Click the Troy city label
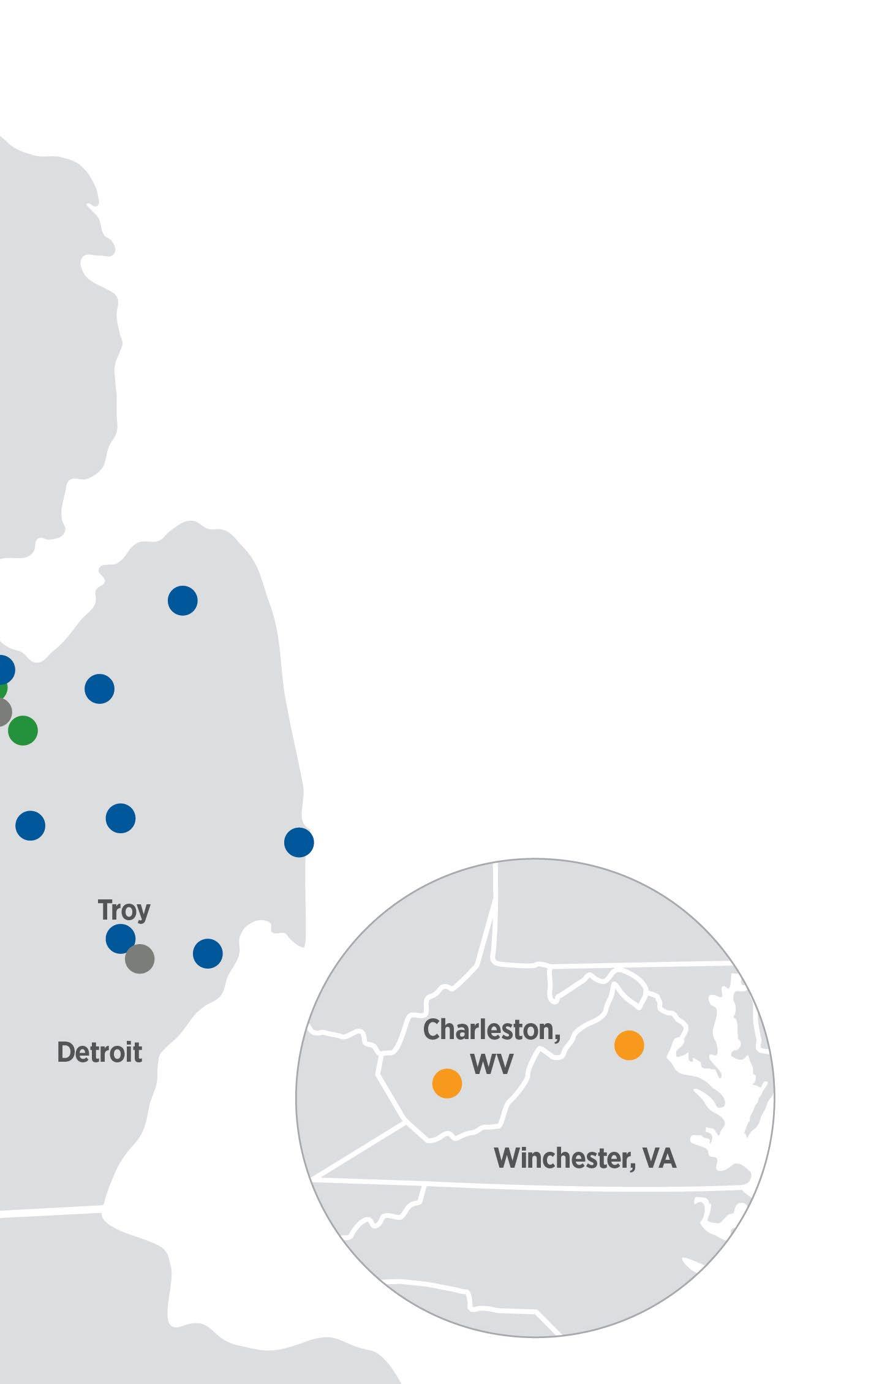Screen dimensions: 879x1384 click(124, 910)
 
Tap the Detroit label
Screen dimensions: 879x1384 click(99, 1053)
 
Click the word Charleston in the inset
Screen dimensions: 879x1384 click(491, 1030)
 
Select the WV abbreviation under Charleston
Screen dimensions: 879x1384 click(491, 1064)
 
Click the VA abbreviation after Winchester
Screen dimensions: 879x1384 click(660, 1158)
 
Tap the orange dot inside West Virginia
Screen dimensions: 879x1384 click(447, 1083)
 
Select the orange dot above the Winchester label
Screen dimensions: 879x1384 click(629, 1045)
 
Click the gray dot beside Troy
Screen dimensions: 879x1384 click(140, 959)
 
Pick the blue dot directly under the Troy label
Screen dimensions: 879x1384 click(120, 939)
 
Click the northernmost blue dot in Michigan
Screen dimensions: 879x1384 click(183, 600)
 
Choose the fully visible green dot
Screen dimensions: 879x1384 click(23, 730)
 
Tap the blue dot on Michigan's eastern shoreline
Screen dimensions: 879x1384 click(299, 842)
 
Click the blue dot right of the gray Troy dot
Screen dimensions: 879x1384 click(208, 953)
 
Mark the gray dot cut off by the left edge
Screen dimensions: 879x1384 click(3, 712)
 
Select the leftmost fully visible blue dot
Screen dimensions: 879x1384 click(31, 825)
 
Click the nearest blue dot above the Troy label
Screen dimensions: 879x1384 click(121, 818)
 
